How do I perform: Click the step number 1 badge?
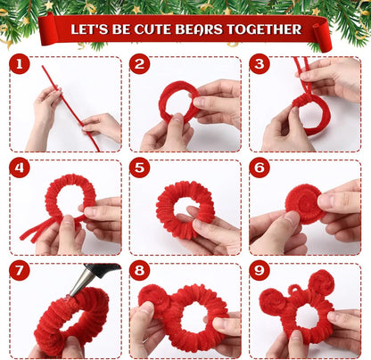(20, 64)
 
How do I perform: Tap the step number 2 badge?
(139, 64)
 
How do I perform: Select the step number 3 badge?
(259, 64)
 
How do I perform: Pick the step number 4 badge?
(20, 168)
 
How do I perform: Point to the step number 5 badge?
(139, 168)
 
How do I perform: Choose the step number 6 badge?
(259, 168)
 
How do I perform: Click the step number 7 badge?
(20, 270)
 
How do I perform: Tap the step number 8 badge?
(139, 270)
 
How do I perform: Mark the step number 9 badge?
(259, 270)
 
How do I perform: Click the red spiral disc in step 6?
(303, 203)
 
